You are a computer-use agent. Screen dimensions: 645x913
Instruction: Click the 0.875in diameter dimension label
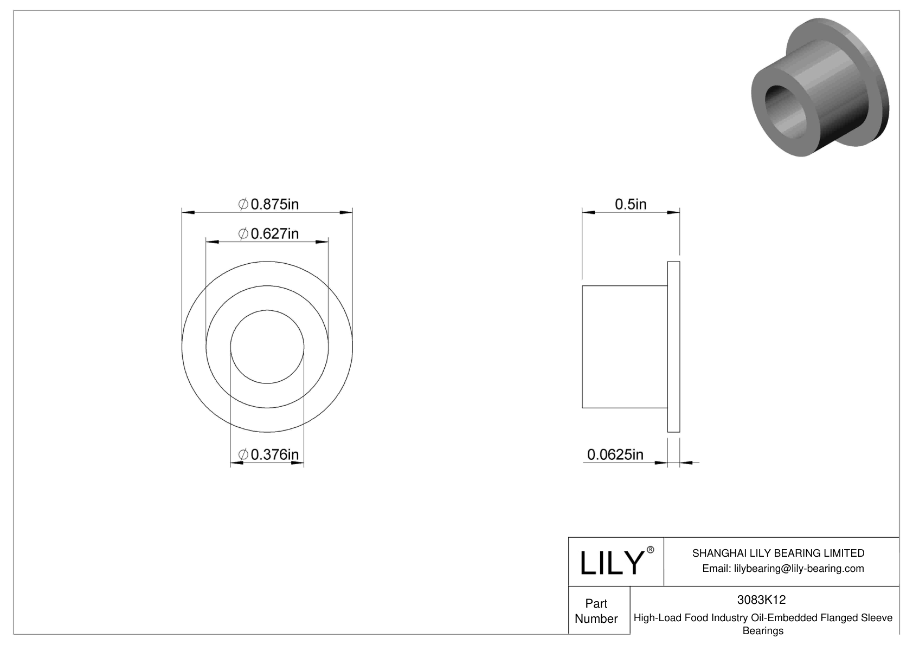click(269, 204)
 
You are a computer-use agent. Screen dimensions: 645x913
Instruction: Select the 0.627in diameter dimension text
click(269, 233)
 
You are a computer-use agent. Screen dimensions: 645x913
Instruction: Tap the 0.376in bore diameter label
click(269, 454)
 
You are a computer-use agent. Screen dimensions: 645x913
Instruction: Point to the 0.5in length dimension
click(631, 204)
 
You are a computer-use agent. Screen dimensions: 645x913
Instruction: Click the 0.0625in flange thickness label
click(615, 454)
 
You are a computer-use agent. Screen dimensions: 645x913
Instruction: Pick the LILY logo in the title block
click(612, 563)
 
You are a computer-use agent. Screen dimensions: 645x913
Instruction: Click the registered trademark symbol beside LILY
click(651, 550)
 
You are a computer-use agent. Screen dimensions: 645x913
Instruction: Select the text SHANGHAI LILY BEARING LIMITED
click(778, 553)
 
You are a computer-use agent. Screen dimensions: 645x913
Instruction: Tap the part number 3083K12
click(761, 600)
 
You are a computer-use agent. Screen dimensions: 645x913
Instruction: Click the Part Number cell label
click(596, 611)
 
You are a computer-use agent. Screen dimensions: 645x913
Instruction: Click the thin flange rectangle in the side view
click(673, 347)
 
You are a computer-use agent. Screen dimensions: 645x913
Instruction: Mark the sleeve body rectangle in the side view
click(624, 347)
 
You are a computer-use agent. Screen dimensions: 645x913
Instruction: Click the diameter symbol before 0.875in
click(243, 204)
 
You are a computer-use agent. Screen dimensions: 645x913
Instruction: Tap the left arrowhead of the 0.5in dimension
click(588, 212)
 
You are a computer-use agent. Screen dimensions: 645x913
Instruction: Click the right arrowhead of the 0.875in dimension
click(346, 212)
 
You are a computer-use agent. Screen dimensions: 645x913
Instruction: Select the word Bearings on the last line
click(762, 631)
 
